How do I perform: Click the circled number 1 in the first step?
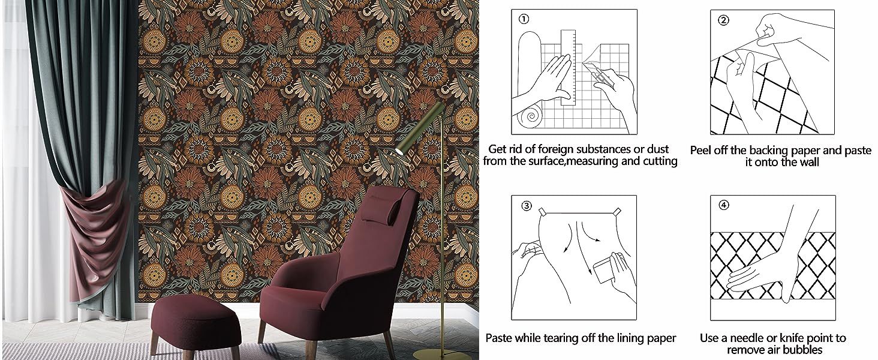[524, 19]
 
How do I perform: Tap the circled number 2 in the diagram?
[723, 20]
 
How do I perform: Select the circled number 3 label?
[527, 205]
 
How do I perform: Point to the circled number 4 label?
[723, 205]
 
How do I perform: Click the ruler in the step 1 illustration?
[568, 67]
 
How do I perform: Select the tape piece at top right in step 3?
[616, 212]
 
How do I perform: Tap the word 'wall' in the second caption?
[809, 162]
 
